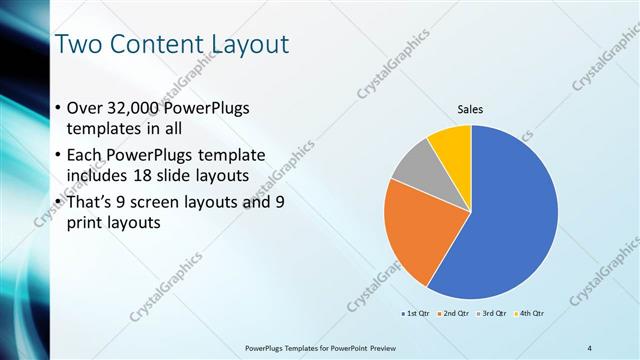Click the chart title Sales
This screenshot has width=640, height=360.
471,109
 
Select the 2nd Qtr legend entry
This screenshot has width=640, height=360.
456,314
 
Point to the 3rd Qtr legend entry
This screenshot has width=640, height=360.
494,314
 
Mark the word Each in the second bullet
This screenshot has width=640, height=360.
84,157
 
